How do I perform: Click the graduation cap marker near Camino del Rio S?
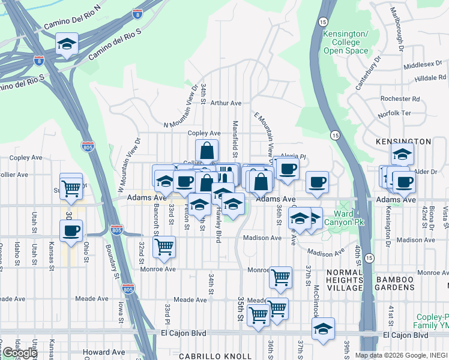pyautogui.click(x=67, y=44)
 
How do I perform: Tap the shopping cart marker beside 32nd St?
pyautogui.click(x=164, y=247)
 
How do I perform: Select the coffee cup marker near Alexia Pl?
pyautogui.click(x=288, y=169)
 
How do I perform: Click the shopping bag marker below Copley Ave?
pyautogui.click(x=206, y=151)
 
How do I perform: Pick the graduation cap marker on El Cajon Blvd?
pyautogui.click(x=323, y=329)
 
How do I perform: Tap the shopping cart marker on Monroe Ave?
pyautogui.click(x=280, y=278)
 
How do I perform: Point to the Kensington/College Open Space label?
pyautogui.click(x=345, y=43)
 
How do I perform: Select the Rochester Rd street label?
pyautogui.click(x=400, y=98)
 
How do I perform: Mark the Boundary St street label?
pyautogui.click(x=110, y=258)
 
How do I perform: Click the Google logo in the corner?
pyautogui.click(x=19, y=353)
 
